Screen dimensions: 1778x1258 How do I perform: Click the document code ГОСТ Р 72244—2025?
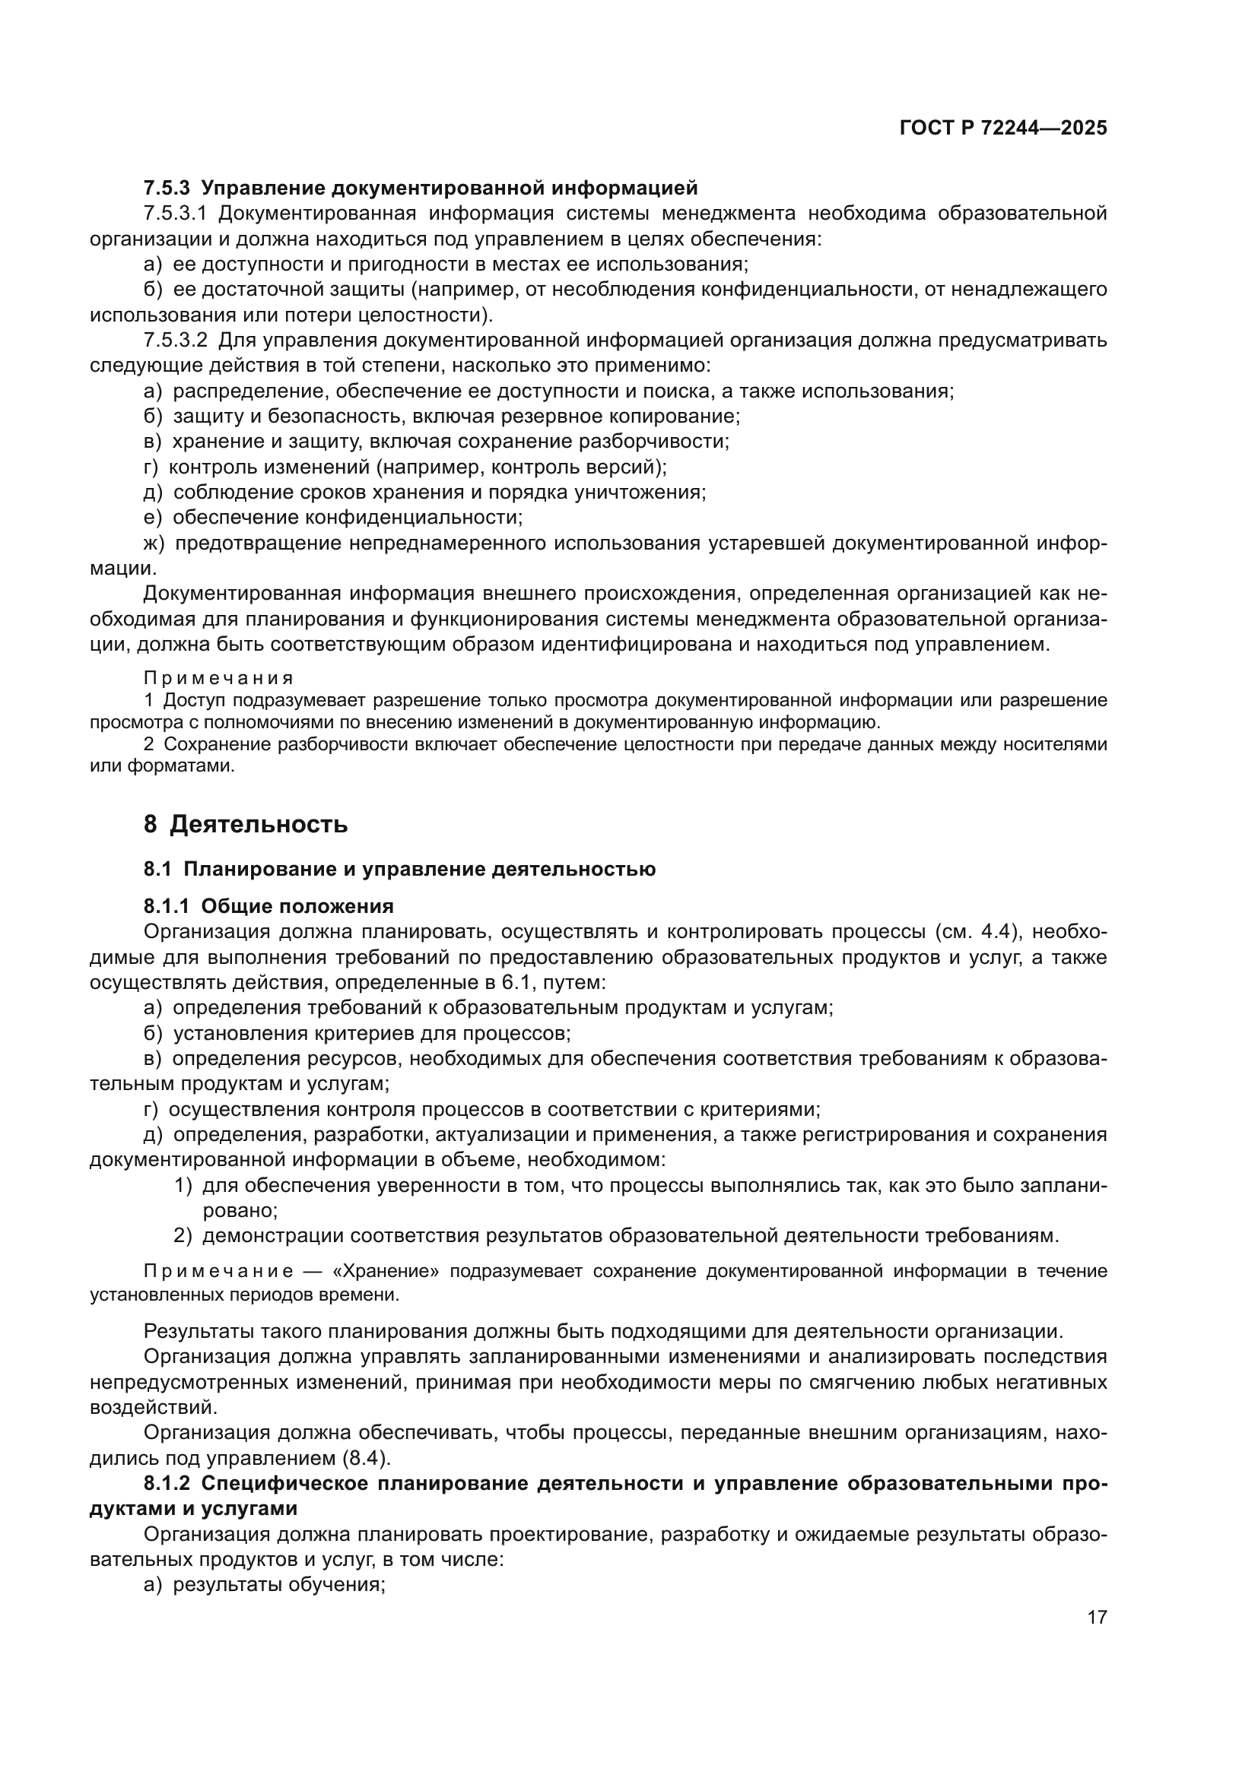[1003, 128]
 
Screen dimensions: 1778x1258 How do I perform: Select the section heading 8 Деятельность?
[246, 825]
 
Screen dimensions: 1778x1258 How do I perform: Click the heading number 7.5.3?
[167, 189]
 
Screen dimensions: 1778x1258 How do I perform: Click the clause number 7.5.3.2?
[176, 341]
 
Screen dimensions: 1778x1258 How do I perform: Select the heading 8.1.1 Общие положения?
[268, 907]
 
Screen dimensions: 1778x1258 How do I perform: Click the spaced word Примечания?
[218, 678]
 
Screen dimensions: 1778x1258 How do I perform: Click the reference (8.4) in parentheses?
[364, 1459]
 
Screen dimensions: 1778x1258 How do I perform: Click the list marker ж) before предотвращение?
[154, 544]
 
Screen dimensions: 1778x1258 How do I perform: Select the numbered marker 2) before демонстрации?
[183, 1236]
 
